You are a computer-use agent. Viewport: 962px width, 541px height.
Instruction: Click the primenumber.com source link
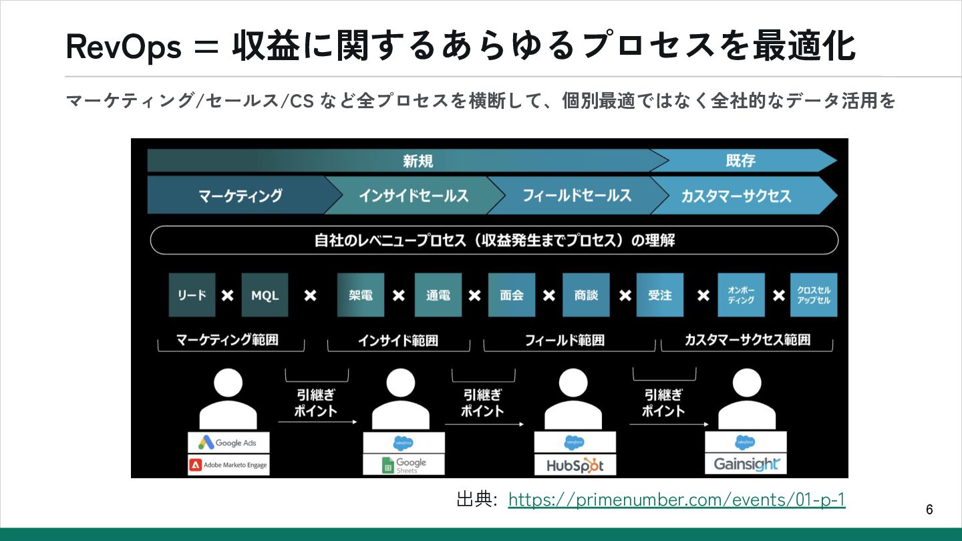[x=676, y=500]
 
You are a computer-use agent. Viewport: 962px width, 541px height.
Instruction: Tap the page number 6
[x=929, y=510]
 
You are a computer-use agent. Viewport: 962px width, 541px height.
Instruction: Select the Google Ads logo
[x=228, y=442]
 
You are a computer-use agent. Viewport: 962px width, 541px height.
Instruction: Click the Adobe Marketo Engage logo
[x=228, y=465]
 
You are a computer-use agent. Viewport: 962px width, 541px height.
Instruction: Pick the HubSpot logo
[x=575, y=466]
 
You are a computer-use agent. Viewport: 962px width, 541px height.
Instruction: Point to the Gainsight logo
[x=746, y=464]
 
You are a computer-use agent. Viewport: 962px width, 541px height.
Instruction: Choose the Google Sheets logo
[x=404, y=465]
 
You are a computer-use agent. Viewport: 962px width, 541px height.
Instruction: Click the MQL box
[x=265, y=295]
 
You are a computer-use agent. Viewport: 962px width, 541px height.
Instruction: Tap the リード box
[x=192, y=295]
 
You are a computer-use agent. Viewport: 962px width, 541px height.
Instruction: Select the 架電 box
[x=361, y=295]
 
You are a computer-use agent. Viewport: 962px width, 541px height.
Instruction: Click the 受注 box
[x=659, y=295]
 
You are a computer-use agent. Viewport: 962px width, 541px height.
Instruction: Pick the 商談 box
[x=586, y=295]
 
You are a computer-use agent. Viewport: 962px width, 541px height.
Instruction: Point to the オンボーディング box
[x=741, y=295]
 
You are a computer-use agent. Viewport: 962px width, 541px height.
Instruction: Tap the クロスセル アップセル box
[x=813, y=295]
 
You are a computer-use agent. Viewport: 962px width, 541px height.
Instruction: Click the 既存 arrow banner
[x=742, y=160]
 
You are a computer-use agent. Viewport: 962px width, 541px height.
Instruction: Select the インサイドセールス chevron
[x=413, y=195]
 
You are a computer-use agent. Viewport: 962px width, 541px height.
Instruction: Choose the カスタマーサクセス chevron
[x=736, y=196]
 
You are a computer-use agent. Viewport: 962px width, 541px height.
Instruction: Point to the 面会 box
[x=512, y=295]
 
